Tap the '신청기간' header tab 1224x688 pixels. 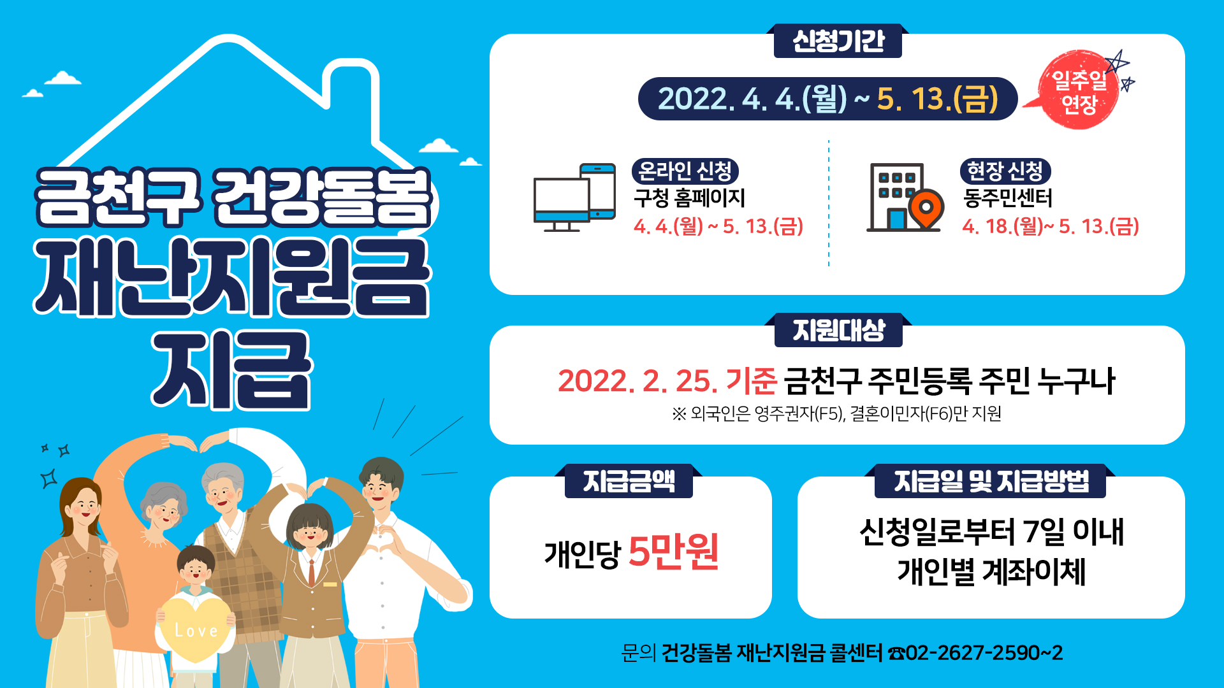[838, 41]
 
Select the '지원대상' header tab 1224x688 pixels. [838, 330]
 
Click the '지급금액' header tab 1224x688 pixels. [629, 481]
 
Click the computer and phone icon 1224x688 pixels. [574, 197]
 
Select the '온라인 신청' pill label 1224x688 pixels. [685, 171]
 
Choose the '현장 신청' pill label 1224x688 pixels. [1005, 171]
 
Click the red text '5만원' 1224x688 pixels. [674, 551]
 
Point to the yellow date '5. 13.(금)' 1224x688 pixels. [937, 99]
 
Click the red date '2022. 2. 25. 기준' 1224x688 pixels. [667, 381]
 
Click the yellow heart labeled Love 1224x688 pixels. [194, 627]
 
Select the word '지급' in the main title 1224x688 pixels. [231, 369]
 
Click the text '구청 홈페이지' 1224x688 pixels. [689, 198]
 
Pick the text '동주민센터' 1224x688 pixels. [1007, 198]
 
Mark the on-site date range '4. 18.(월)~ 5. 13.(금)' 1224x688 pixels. [1051, 226]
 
